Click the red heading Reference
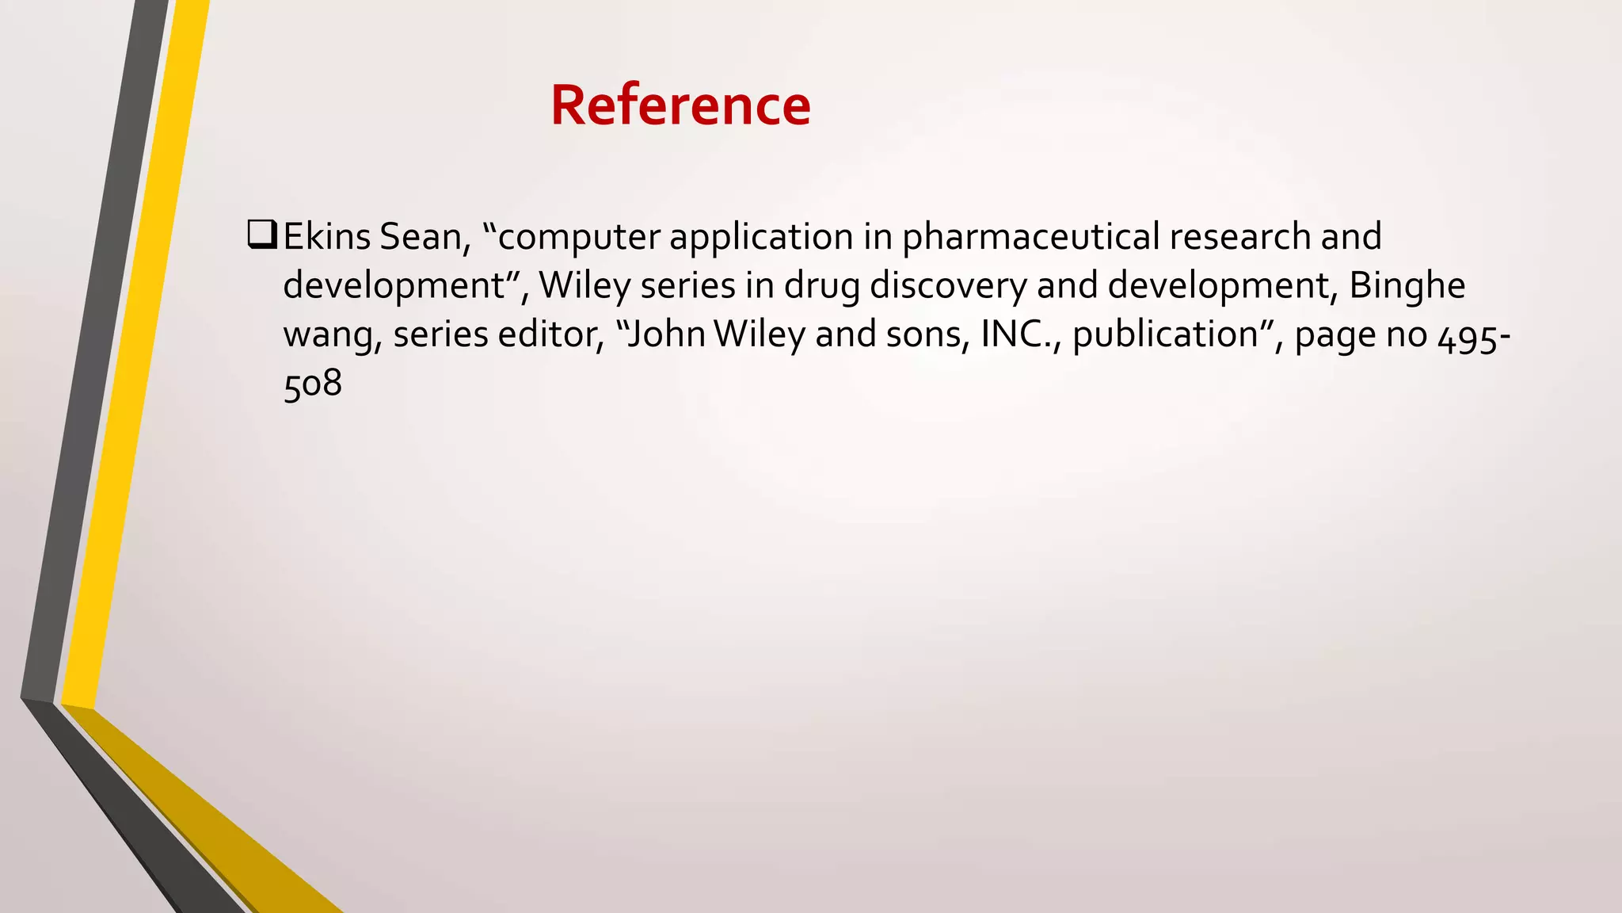(x=680, y=105)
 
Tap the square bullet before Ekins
(x=261, y=235)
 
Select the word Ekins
(x=326, y=237)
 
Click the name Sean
(x=420, y=237)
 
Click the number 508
(x=313, y=384)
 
